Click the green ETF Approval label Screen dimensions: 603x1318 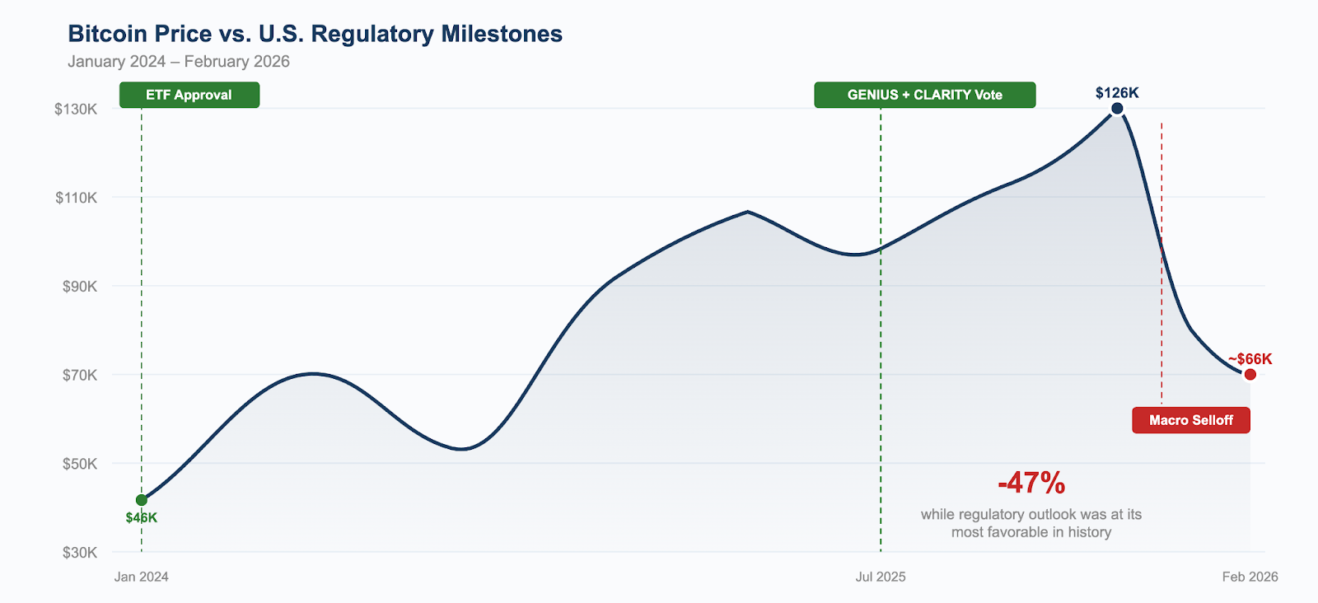(189, 95)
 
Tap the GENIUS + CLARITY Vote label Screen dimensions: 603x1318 (924, 95)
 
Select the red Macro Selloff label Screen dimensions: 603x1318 (1191, 420)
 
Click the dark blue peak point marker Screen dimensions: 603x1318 (1117, 109)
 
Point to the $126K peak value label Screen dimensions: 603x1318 (1117, 92)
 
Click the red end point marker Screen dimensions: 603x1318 (1250, 375)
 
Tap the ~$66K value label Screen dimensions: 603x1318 (1250, 359)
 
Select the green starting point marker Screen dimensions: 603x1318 (142, 500)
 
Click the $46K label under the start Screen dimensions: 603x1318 (142, 518)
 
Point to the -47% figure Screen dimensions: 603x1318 (1031, 483)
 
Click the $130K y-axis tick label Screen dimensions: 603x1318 (76, 109)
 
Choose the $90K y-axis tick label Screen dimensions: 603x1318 (80, 287)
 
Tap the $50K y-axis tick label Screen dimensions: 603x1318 (80, 464)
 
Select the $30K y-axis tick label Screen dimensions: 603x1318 (80, 553)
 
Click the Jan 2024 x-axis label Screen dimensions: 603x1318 (142, 577)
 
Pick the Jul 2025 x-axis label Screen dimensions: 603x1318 (881, 577)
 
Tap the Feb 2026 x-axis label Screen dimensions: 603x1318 (1250, 577)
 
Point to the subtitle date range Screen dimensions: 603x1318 (179, 62)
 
